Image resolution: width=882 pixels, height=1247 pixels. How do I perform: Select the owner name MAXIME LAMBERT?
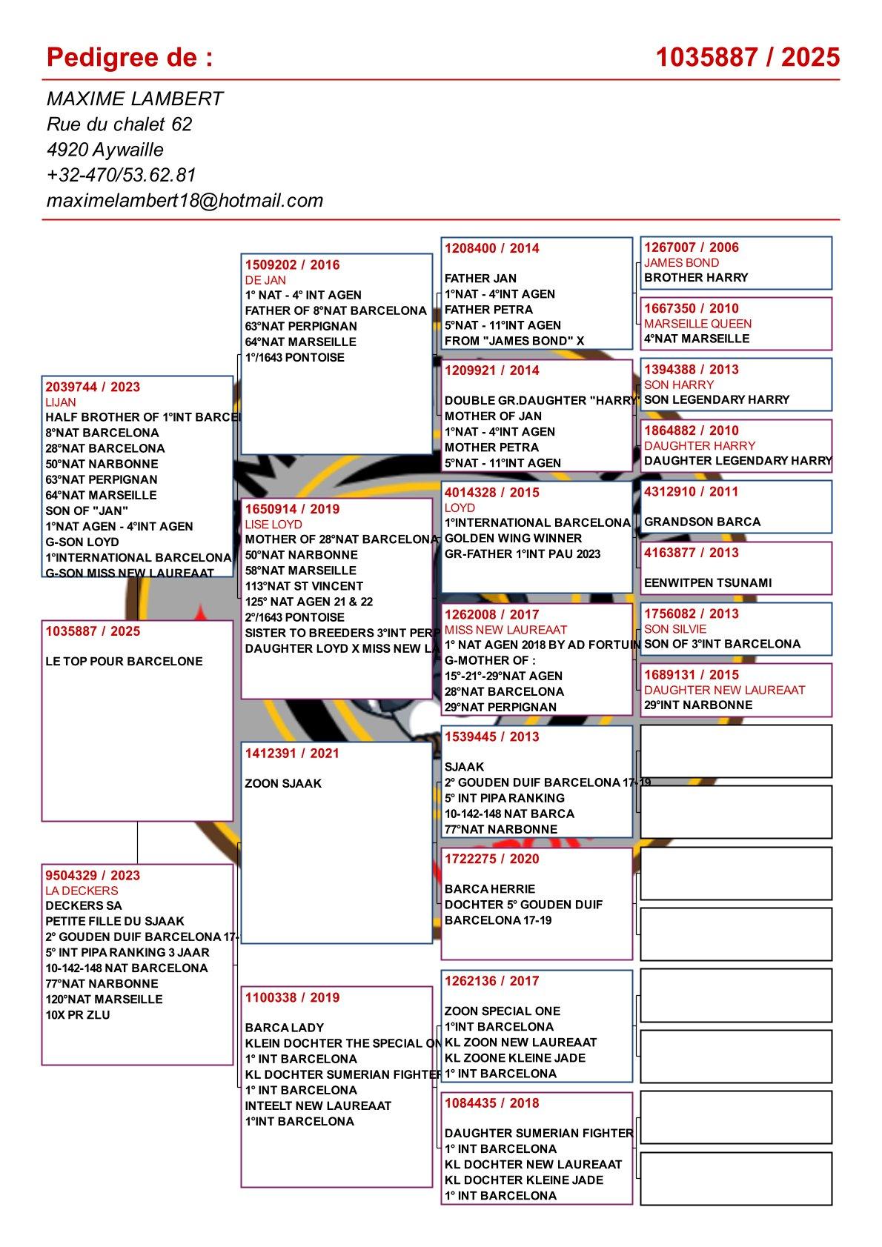pos(135,99)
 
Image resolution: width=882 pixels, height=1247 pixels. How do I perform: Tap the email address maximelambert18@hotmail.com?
pos(185,200)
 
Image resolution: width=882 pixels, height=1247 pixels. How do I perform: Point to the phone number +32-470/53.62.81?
pos(121,175)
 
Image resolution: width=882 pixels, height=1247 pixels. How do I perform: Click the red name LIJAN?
pos(61,402)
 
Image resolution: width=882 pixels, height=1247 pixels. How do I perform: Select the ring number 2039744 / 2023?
pos(93,387)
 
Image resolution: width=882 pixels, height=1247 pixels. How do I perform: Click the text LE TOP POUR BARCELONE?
pos(124,661)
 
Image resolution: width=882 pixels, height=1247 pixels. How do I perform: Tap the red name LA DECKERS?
pos(82,891)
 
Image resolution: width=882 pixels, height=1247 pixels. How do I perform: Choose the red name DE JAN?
pos(265,280)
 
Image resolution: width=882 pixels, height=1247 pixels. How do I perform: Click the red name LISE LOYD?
pos(273,524)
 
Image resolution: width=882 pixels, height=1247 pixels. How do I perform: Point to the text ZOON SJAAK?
pos(283,783)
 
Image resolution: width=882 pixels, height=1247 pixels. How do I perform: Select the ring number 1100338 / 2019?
pos(292,997)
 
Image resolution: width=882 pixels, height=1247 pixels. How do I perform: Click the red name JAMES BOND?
pos(681,262)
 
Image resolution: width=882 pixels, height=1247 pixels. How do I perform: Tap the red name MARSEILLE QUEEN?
pos(697,323)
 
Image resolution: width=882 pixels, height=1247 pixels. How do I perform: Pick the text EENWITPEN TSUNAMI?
pos(707,582)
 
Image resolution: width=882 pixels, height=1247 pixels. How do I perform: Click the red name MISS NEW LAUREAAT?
pos(495,629)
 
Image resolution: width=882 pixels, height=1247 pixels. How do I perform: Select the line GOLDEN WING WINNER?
pos(513,538)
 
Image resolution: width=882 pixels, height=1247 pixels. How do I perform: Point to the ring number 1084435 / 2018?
pos(491,1103)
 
